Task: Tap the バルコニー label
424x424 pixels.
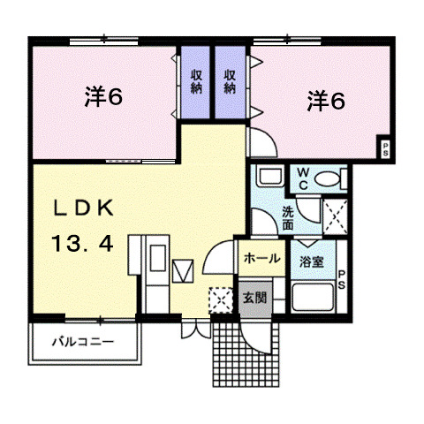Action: (81, 340)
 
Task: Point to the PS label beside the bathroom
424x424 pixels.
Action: (343, 277)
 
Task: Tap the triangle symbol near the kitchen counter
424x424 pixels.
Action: (184, 269)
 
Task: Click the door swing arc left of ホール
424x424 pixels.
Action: (218, 260)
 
